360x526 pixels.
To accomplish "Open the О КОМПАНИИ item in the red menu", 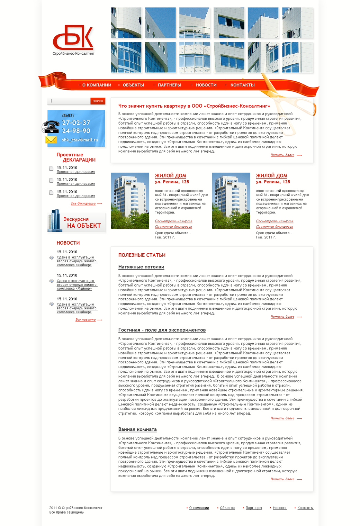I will tap(97, 85).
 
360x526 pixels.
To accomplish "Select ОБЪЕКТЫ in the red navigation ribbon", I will tap(133, 85).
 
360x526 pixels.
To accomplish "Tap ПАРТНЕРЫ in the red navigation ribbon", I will tap(169, 85).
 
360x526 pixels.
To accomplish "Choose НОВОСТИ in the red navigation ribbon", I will tap(206, 85).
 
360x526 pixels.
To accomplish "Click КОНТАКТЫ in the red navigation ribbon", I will tap(242, 85).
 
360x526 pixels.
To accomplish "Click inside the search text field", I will tap(69, 101).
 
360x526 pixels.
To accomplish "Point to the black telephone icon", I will tap(51, 127).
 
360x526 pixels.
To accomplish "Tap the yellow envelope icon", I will tap(51, 140).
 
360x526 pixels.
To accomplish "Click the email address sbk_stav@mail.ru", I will tap(80, 140).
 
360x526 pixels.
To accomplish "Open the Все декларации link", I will tap(83, 203).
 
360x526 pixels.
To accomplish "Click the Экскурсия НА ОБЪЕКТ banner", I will tap(76, 222).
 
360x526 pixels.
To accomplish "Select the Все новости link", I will tap(85, 320).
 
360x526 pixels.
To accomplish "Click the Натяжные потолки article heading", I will tap(141, 267).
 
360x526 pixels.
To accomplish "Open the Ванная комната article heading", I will tap(137, 429).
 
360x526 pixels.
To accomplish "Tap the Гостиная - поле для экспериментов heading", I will tap(162, 330).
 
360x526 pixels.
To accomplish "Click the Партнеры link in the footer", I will tap(254, 508).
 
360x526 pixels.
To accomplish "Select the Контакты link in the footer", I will tap(305, 508).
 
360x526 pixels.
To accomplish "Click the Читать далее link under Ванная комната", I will tap(282, 479).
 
